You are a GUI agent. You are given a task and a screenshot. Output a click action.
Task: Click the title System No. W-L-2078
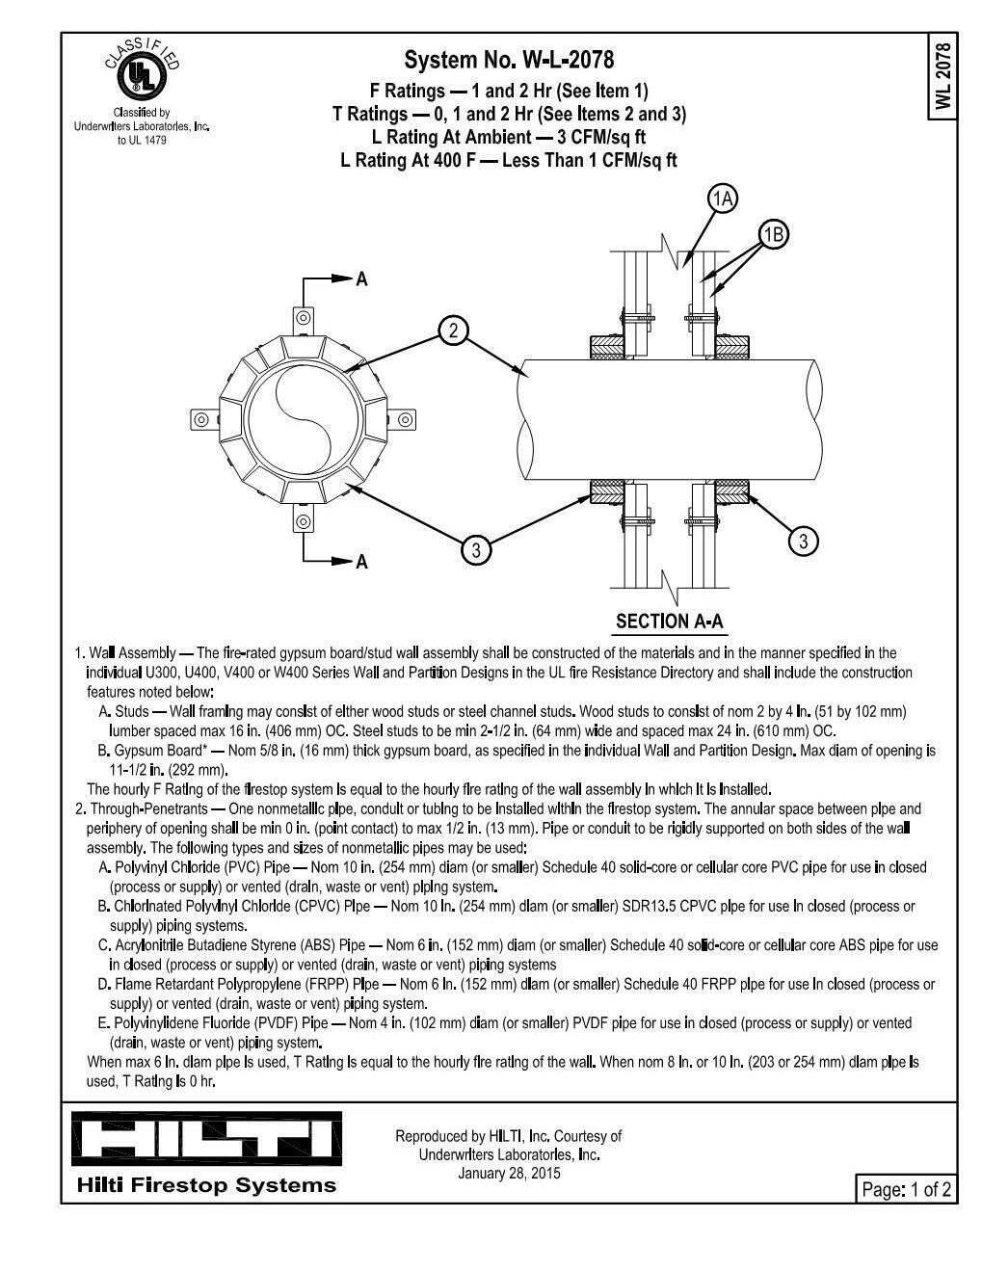click(x=509, y=61)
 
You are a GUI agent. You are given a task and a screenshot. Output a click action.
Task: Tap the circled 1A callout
click(x=722, y=199)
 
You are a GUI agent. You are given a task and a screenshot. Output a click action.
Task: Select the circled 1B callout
click(x=774, y=234)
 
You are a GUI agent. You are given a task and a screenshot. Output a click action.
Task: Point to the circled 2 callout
click(x=453, y=331)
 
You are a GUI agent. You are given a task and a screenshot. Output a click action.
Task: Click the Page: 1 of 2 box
click(x=906, y=1189)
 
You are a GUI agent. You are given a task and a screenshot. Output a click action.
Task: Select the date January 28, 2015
click(x=509, y=1173)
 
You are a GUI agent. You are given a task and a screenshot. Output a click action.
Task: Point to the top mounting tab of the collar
click(x=304, y=317)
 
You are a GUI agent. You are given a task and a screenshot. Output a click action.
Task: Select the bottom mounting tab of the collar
click(x=304, y=522)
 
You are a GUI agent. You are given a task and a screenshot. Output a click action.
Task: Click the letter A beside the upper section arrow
click(x=361, y=279)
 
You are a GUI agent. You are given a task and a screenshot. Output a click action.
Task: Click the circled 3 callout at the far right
click(x=804, y=542)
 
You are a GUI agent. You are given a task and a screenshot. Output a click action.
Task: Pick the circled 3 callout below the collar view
click(x=475, y=550)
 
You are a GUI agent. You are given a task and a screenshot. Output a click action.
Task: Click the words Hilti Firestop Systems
click(x=206, y=1185)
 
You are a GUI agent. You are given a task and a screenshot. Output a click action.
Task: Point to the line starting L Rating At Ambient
click(x=509, y=137)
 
